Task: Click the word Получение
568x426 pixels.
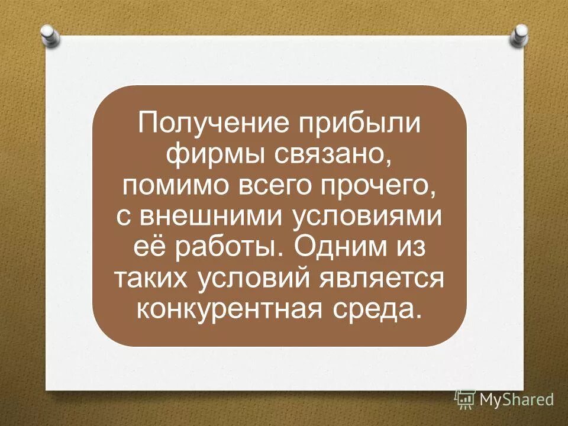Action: click(194, 125)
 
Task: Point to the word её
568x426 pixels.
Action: click(144, 247)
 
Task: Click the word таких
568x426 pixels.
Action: click(149, 278)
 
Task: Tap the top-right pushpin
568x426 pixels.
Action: click(518, 35)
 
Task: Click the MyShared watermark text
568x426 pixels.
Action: click(516, 399)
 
